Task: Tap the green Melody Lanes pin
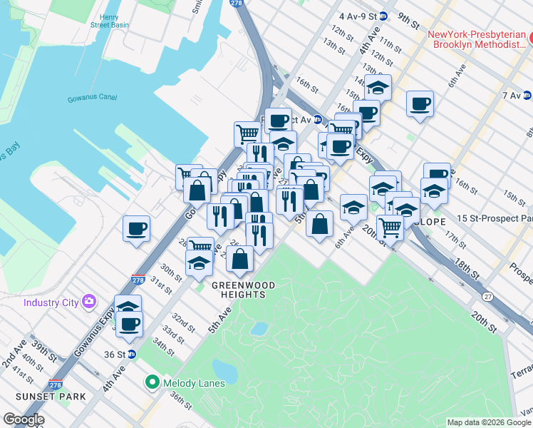tap(152, 383)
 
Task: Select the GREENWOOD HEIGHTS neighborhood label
tap(242, 289)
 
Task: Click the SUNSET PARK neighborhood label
tap(53, 397)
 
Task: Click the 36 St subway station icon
tap(131, 354)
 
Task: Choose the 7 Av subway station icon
tap(527, 95)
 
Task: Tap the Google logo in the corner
tap(24, 419)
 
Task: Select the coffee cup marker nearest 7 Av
tap(420, 104)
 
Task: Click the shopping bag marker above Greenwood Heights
tap(240, 259)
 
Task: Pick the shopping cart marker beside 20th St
tap(390, 227)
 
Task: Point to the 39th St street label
tap(43, 350)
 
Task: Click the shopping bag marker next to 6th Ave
tap(320, 223)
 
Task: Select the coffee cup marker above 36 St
tap(129, 325)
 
